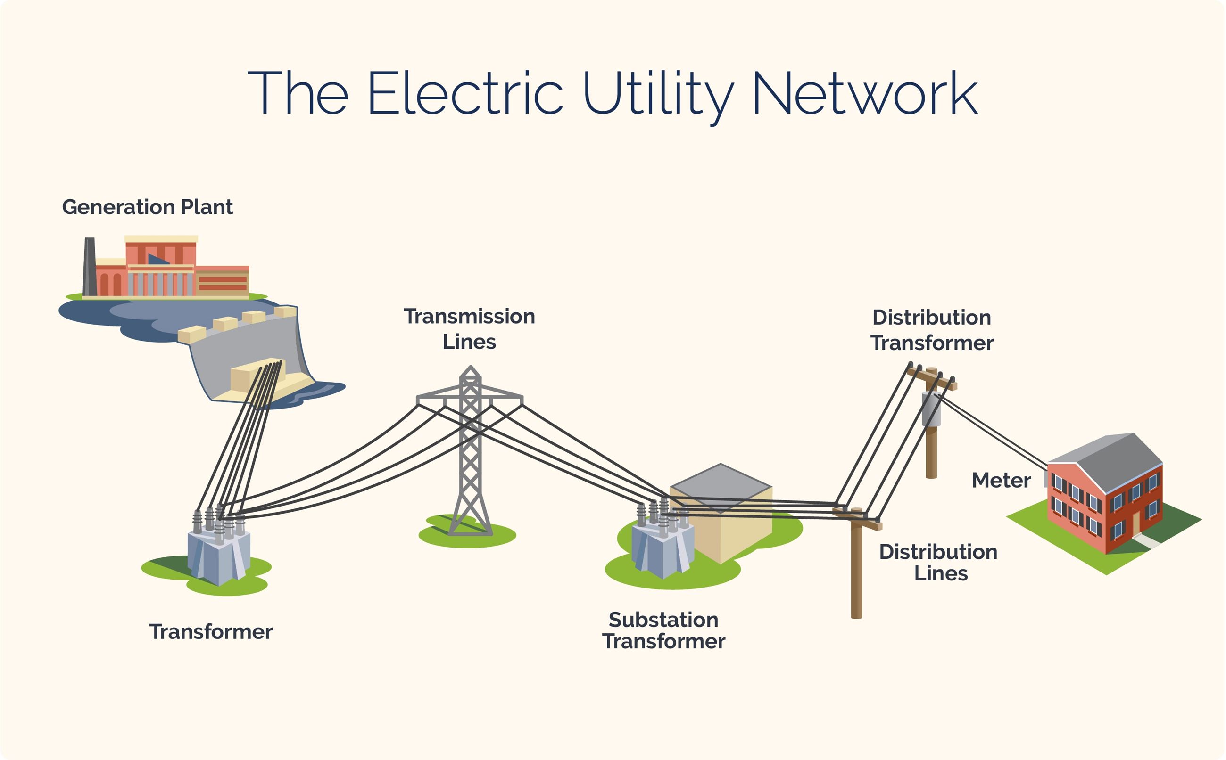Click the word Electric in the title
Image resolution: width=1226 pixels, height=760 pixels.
click(464, 93)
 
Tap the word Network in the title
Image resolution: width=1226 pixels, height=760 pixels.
click(864, 93)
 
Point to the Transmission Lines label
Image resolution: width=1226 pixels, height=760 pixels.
click(469, 329)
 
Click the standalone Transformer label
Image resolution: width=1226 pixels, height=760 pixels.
click(211, 632)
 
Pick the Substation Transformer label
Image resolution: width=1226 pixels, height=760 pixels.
click(663, 630)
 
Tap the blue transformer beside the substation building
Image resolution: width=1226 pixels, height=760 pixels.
click(663, 550)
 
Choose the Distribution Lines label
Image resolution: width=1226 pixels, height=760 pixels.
click(938, 563)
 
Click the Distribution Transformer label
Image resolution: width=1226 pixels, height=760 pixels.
click(932, 330)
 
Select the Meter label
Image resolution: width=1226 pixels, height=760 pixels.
click(1001, 481)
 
